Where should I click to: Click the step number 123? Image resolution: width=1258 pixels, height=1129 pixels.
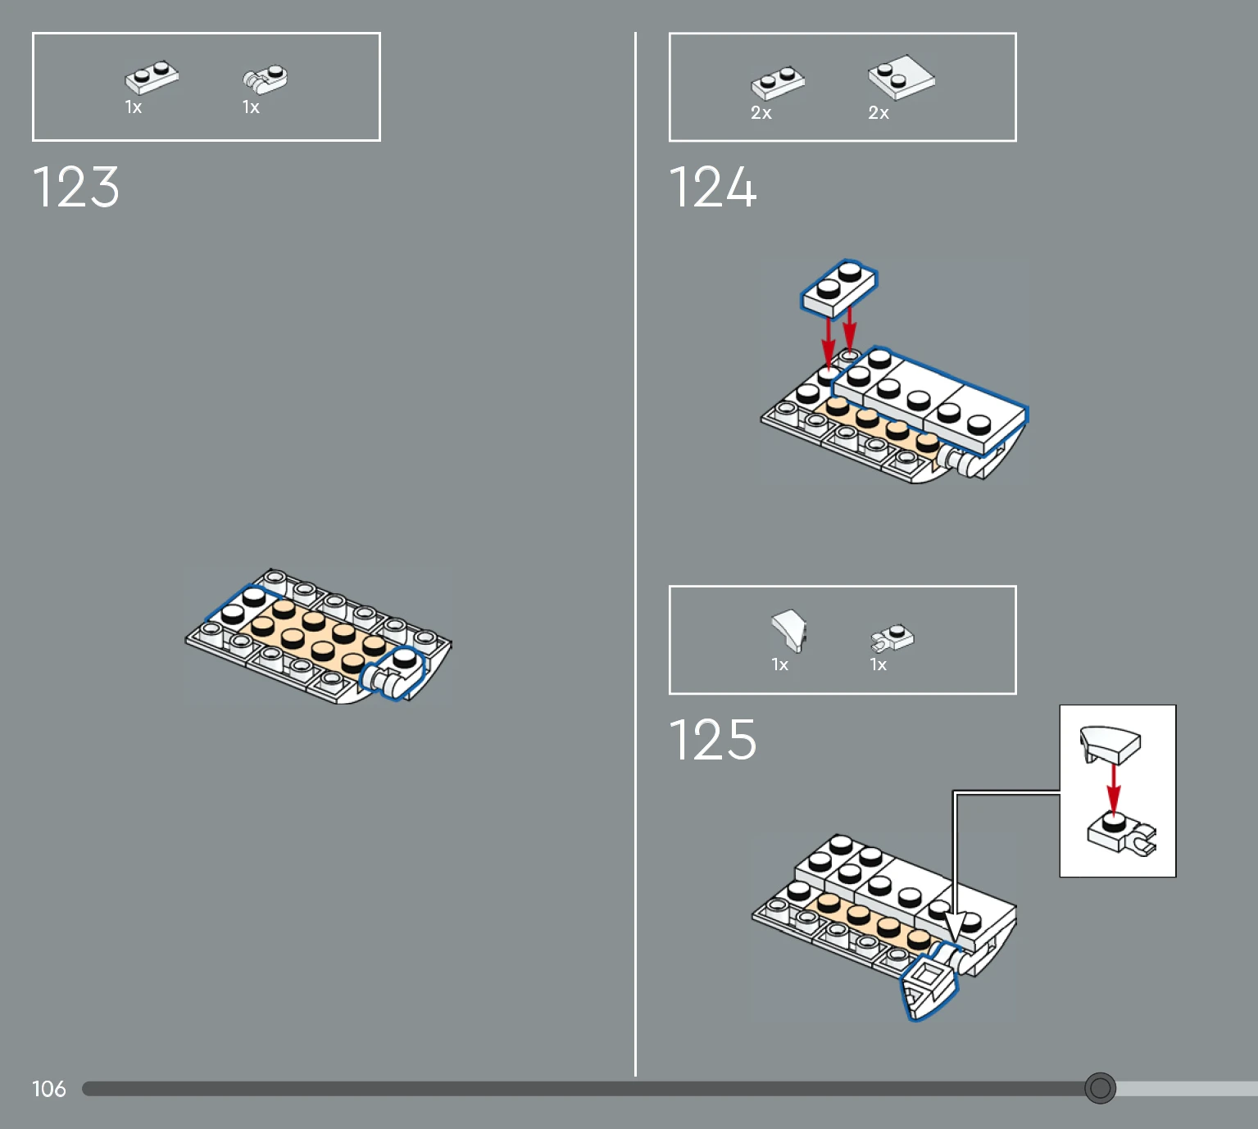75,186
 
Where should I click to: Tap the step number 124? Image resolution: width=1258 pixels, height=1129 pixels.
713,186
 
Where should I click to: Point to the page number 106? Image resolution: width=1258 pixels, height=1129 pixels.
48,1089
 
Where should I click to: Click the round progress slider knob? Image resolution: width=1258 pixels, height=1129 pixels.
1100,1088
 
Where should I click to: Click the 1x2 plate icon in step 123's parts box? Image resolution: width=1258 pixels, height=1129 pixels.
152,77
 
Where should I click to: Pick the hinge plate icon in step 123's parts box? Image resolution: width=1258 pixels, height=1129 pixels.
266,79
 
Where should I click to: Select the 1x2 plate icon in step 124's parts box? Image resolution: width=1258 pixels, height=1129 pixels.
778,83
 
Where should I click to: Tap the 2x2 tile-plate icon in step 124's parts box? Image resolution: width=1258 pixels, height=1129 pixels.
901,78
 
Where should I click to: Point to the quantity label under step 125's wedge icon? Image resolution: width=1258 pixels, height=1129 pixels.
780,664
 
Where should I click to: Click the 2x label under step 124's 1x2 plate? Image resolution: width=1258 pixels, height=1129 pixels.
761,113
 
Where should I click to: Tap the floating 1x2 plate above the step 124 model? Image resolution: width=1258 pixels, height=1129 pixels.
839,288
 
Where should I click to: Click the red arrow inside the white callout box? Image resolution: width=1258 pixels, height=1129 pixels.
1114,790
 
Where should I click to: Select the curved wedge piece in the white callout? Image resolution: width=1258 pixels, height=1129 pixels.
1110,743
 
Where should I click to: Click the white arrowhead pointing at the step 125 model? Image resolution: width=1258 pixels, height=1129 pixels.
955,925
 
